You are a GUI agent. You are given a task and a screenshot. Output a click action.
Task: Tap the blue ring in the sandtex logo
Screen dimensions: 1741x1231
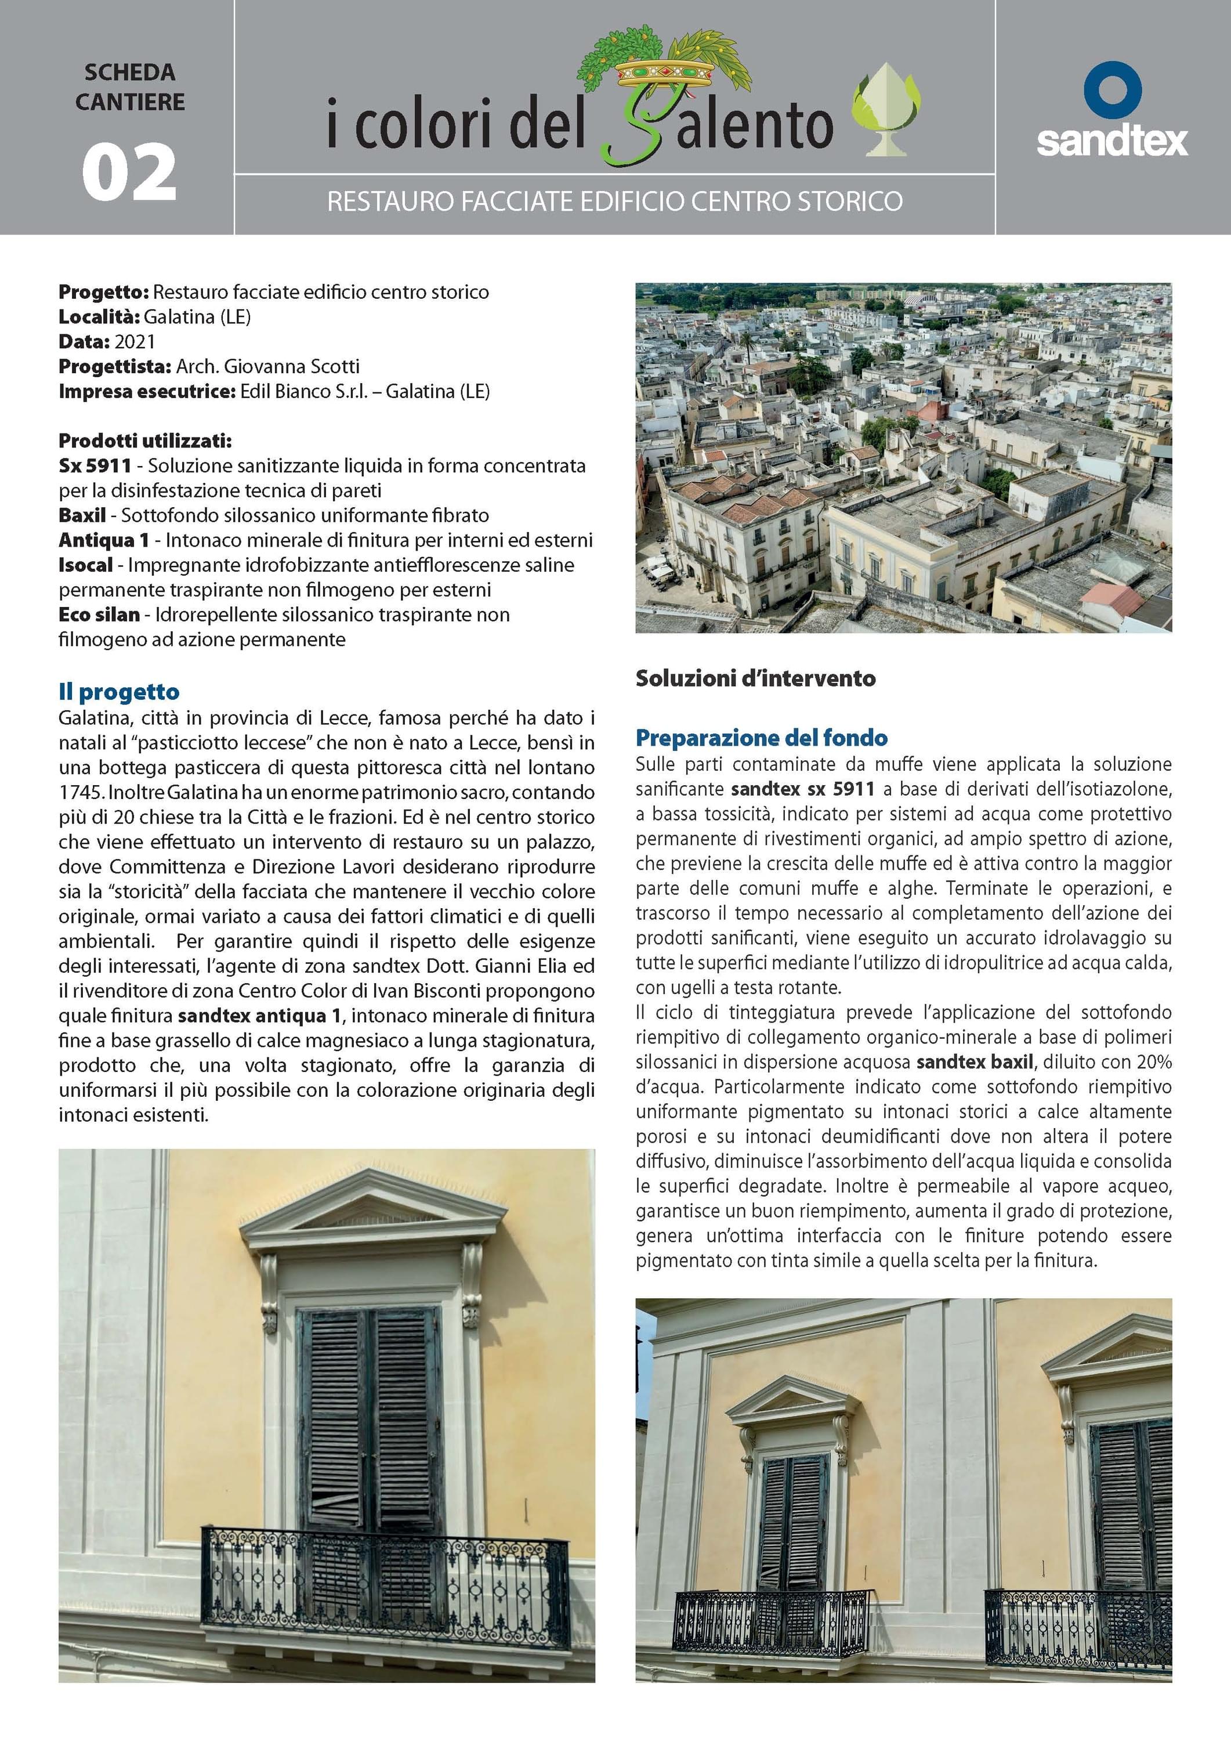pyautogui.click(x=1112, y=89)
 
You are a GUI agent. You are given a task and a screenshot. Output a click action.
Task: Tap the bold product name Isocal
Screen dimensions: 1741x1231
pyautogui.click(x=86, y=565)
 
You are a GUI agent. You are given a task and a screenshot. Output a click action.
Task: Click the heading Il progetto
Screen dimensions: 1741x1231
pyautogui.click(x=119, y=692)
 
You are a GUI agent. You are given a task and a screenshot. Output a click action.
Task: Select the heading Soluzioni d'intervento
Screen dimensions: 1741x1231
pyautogui.click(x=755, y=678)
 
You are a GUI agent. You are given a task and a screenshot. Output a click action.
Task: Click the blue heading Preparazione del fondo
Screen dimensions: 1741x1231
pyautogui.click(x=761, y=738)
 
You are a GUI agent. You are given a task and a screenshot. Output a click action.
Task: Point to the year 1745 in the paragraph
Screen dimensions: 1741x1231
pyautogui.click(x=81, y=792)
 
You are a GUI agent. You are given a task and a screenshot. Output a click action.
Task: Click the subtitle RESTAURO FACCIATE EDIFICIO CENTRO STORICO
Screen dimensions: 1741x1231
pyautogui.click(x=614, y=201)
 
